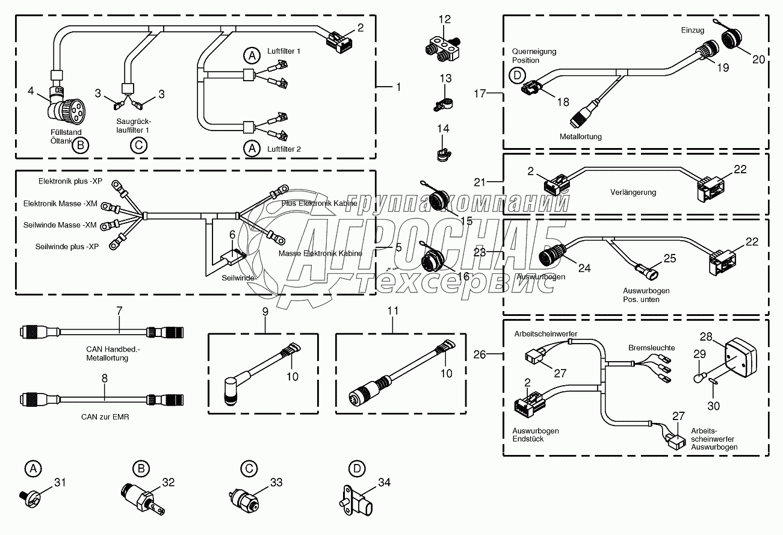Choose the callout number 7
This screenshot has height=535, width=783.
pos(119,311)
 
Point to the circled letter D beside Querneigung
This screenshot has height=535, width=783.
pos(516,76)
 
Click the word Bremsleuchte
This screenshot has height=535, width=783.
pos(651,348)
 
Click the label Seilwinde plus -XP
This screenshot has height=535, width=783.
pos(66,247)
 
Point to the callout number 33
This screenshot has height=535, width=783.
pos(276,482)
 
